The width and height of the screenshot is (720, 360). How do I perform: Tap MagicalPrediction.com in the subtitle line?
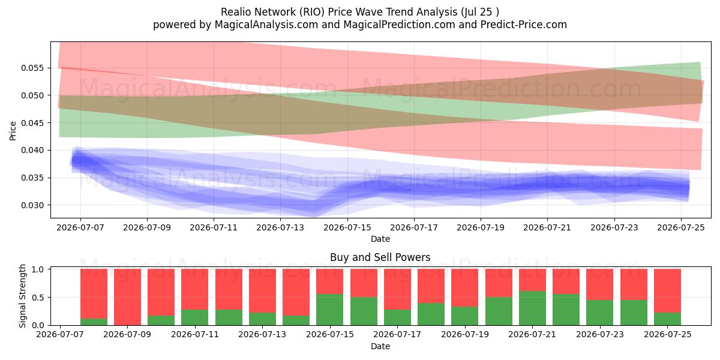(399, 25)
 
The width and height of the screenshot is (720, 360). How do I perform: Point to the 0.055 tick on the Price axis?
(32, 68)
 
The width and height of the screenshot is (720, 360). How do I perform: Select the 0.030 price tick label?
(32, 205)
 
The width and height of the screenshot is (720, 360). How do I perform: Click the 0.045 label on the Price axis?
(32, 123)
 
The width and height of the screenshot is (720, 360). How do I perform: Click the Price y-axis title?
(13, 131)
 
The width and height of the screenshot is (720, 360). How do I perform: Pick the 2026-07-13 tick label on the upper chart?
(280, 227)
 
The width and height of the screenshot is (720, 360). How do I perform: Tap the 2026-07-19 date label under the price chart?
(481, 227)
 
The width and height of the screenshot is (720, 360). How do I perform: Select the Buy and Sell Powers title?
(380, 257)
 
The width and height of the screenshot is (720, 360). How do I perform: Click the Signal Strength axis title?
(22, 296)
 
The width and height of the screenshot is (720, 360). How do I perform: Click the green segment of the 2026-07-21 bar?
(533, 308)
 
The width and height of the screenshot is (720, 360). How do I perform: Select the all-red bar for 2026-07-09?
(128, 297)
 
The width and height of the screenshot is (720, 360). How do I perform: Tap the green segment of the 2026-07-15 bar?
(330, 310)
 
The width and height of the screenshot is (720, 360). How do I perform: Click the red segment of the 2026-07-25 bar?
(668, 290)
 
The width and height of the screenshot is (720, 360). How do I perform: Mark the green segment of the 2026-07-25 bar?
(668, 319)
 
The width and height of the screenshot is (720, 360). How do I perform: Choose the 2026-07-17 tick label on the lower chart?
(397, 335)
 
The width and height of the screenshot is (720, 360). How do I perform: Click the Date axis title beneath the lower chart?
(380, 347)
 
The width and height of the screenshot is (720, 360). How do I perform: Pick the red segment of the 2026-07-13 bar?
(263, 290)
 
